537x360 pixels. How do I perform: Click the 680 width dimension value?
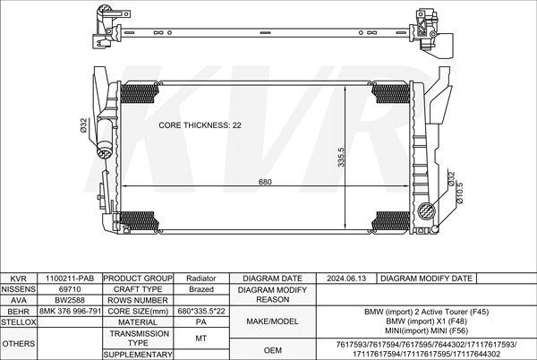point(265,182)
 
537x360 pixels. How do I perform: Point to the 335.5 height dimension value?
point(341,158)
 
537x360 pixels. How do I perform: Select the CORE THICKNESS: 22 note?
point(200,125)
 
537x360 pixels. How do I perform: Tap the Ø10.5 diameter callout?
point(460,193)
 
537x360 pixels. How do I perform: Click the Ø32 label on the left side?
point(83,125)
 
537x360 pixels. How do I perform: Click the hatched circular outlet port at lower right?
point(427,210)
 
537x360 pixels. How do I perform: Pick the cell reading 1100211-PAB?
point(70,279)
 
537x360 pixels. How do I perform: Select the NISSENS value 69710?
point(70,289)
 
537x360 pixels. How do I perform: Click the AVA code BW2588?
point(70,300)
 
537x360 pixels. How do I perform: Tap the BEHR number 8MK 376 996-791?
point(70,311)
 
